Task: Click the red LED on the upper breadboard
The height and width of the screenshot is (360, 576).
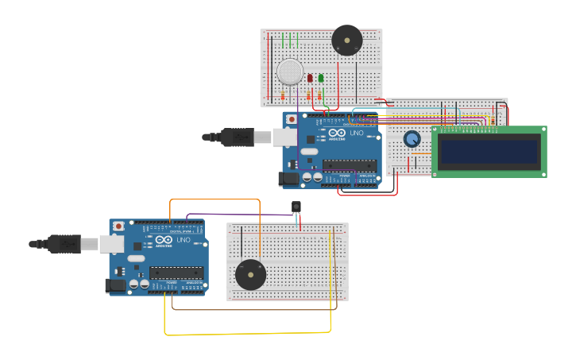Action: pos(309,78)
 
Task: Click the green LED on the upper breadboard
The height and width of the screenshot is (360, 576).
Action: pos(321,78)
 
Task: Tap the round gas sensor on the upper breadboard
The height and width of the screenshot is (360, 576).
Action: pos(290,72)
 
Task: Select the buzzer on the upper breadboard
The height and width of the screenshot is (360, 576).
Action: pos(347,40)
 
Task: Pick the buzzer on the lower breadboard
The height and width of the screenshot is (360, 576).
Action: pos(250,275)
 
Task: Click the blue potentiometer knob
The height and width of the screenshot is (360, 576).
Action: pos(412,139)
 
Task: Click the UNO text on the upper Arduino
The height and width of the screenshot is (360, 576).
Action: pos(356,133)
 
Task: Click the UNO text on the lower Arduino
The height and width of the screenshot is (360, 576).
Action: pos(183,239)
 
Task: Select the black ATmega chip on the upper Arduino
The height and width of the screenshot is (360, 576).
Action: pos(350,165)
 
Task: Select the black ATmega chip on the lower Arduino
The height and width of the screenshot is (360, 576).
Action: pos(176,273)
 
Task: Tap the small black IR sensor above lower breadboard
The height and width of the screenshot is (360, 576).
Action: pos(296,207)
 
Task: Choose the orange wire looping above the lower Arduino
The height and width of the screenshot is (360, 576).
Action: pos(215,199)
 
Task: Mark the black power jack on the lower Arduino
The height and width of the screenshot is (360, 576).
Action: pos(115,285)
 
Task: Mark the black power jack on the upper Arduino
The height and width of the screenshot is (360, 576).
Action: pos(288,179)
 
